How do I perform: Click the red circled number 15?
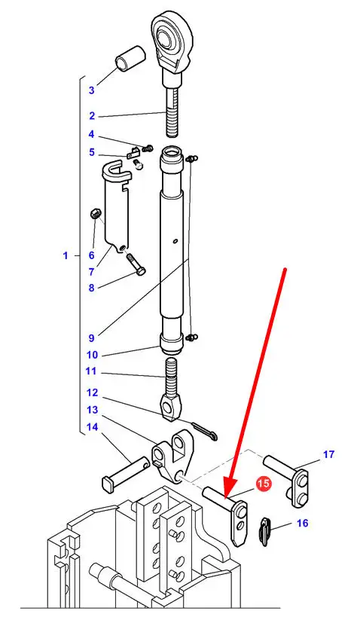click(263, 484)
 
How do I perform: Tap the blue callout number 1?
click(66, 256)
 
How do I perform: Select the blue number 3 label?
click(91, 90)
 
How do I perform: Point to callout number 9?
click(91, 338)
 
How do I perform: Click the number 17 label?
click(328, 454)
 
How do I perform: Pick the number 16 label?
click(302, 524)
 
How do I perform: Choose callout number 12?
click(92, 392)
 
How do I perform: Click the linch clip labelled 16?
click(266, 532)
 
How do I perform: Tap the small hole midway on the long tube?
click(175, 240)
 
